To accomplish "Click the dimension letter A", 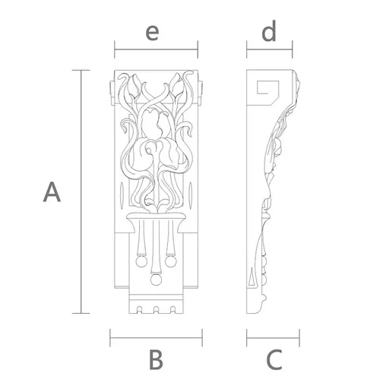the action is (52, 191).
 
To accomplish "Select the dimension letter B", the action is (156, 359).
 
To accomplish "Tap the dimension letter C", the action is (274, 359).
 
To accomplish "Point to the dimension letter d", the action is (268, 31).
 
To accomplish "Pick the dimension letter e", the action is (152, 33).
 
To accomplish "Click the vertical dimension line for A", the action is (81, 191).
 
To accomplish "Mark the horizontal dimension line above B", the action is (157, 337).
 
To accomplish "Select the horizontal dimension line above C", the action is (273, 337).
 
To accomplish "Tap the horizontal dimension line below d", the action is (270, 49).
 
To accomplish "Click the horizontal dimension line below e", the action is (156, 49).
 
